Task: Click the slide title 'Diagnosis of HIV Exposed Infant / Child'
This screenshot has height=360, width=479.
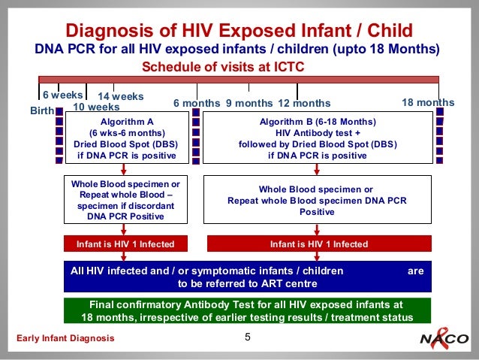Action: tap(239, 31)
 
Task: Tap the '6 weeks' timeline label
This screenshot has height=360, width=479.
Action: tap(62, 95)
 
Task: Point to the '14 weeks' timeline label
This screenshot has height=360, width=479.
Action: tap(121, 97)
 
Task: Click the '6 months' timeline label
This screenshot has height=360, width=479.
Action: tap(197, 103)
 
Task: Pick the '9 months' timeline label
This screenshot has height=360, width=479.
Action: tap(249, 103)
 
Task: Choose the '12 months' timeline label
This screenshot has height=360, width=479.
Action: tap(304, 103)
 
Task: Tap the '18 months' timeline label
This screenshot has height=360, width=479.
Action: tap(428, 102)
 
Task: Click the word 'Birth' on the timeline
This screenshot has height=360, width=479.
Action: tap(42, 110)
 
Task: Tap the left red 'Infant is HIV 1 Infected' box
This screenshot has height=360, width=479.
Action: tap(125, 244)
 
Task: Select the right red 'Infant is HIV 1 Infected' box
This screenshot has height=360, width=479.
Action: tap(319, 244)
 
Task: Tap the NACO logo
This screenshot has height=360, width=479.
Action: tap(444, 339)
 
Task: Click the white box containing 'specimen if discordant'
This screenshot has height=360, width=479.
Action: tap(125, 200)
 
